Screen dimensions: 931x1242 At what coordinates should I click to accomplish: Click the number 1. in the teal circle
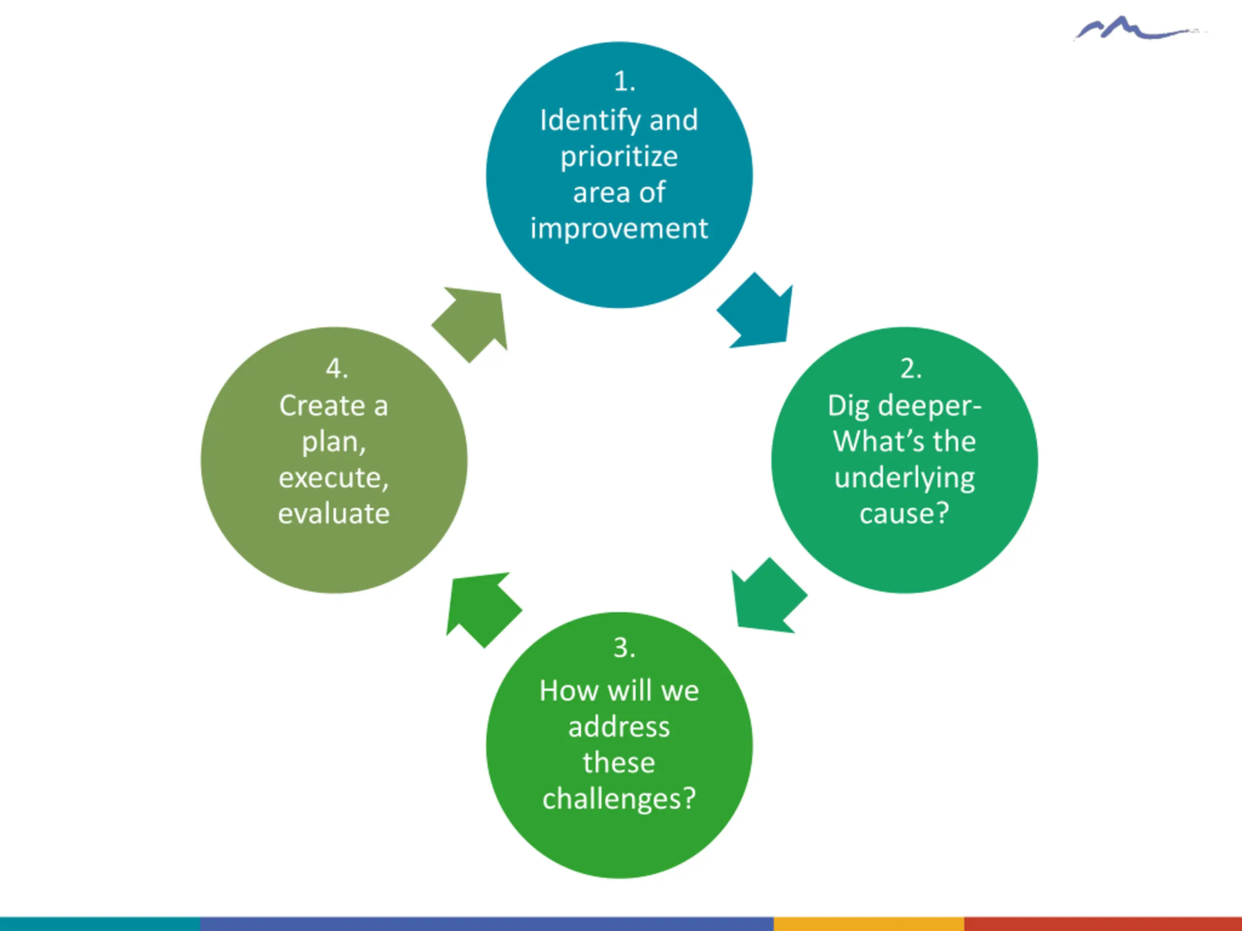pos(624,82)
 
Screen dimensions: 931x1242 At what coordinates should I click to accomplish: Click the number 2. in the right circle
pos(910,369)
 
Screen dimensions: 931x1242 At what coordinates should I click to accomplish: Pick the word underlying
pos(904,478)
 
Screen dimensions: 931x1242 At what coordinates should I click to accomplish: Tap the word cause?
pos(904,514)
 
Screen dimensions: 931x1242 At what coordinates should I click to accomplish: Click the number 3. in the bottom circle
pos(624,648)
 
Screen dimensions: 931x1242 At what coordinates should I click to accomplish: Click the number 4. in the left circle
pos(337,369)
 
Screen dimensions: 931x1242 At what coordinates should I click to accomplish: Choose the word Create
pos(322,406)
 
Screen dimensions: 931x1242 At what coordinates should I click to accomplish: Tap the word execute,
pos(333,478)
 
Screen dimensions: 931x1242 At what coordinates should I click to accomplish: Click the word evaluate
pos(333,514)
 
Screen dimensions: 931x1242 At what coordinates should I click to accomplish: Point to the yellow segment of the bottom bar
pos(868,924)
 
